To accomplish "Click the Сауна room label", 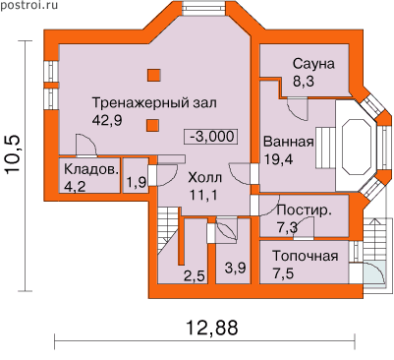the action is (x=313, y=64).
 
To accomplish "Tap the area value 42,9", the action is (x=107, y=120).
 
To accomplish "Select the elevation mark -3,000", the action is (x=211, y=137).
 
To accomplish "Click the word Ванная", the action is (x=289, y=142).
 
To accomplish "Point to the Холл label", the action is (x=204, y=178).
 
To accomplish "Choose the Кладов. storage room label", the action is (x=91, y=170).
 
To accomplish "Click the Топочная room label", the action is (x=305, y=256).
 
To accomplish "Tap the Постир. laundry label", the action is (x=304, y=210).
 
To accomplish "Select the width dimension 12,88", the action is (x=212, y=327).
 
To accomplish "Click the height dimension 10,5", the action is (x=14, y=153).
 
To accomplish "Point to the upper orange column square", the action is (x=153, y=75).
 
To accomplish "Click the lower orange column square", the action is (x=152, y=125).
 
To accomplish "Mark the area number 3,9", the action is (x=235, y=269).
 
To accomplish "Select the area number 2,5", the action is (x=194, y=276).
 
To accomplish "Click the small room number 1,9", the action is (x=137, y=182).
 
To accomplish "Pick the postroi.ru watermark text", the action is (x=28, y=5).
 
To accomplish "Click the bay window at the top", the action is (x=203, y=8).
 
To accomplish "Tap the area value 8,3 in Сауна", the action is (x=304, y=81).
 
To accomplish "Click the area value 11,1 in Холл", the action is (x=203, y=195).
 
